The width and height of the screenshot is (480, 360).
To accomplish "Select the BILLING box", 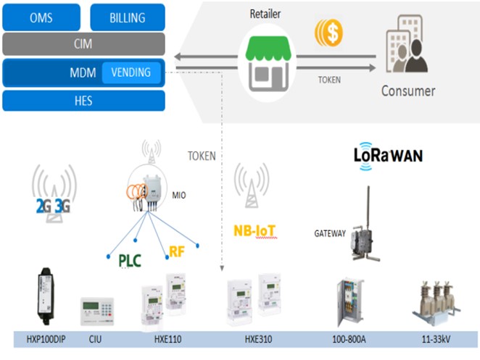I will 127,17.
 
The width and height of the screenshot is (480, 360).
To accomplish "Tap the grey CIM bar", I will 83,44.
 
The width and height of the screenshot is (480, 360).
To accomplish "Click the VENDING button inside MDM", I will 131,72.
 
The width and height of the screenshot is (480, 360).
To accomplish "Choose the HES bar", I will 83,100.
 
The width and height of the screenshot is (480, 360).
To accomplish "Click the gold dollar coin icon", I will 328,33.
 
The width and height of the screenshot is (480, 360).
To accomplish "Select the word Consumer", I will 408,91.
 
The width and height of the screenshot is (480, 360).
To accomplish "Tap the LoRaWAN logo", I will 388,156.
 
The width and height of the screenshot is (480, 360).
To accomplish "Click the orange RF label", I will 178,251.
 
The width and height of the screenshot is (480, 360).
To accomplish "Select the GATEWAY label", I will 330,234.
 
